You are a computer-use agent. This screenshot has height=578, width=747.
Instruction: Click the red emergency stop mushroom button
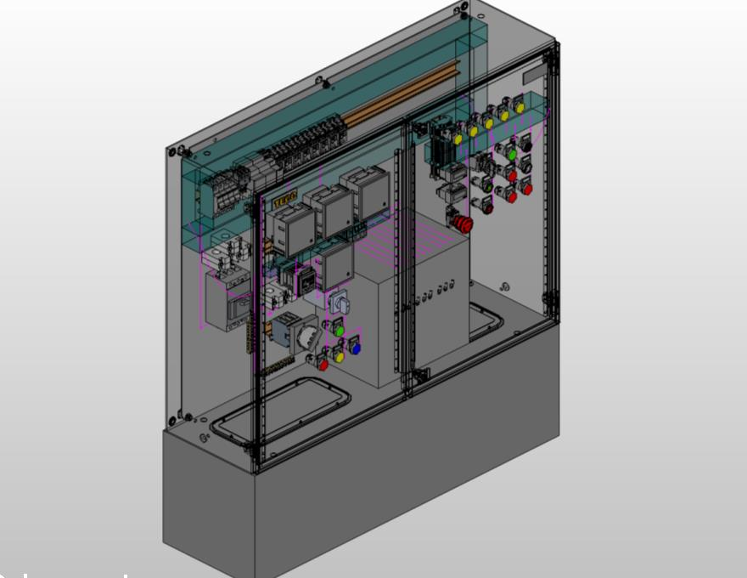click(463, 224)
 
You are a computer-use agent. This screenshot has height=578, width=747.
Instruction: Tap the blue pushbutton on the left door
click(355, 348)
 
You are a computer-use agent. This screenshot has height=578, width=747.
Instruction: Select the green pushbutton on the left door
click(338, 329)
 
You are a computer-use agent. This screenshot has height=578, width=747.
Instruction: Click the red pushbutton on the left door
click(323, 365)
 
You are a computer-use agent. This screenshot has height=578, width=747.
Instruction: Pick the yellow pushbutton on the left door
click(339, 356)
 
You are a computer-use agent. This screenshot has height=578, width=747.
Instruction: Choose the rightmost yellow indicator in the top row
click(520, 108)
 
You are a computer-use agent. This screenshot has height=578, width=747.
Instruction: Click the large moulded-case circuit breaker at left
click(225, 297)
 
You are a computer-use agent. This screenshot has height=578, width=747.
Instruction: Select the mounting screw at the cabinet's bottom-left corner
click(175, 418)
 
